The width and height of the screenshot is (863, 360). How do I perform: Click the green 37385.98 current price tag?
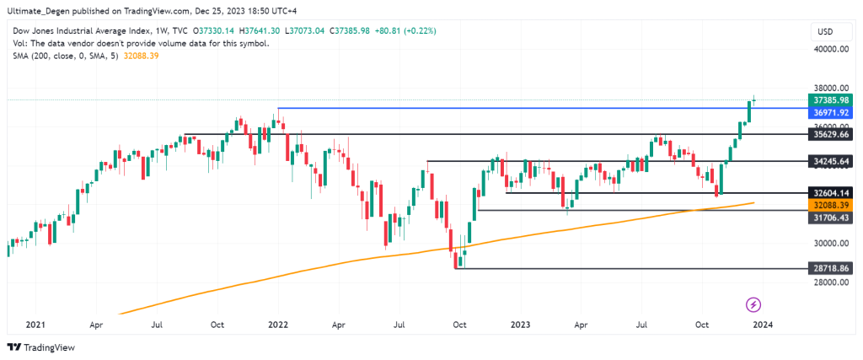click(825, 99)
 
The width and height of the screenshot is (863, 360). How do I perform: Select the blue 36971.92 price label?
click(825, 112)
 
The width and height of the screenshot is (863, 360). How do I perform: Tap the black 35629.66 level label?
click(825, 134)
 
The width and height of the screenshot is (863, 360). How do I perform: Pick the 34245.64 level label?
click(825, 161)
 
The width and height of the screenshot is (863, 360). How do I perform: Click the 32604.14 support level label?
click(825, 193)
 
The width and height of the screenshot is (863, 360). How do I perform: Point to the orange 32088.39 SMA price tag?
click(825, 205)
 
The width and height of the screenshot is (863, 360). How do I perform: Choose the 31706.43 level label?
click(825, 217)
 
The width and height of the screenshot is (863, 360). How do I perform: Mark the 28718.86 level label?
click(825, 267)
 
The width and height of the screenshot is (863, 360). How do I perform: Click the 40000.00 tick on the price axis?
click(827, 49)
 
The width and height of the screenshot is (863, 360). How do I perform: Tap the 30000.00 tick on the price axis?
click(827, 244)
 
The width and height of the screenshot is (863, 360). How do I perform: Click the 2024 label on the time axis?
click(764, 324)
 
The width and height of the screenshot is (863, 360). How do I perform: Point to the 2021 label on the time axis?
click(35, 324)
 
